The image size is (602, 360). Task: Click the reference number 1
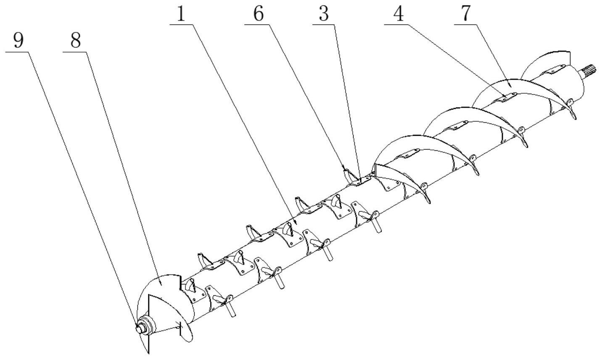181,15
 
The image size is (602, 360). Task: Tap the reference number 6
258,15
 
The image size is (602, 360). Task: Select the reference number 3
323,15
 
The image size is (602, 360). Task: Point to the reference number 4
398,15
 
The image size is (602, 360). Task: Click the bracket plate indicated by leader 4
504,97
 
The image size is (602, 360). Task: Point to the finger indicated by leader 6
346,173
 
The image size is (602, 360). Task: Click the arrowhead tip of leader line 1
297,222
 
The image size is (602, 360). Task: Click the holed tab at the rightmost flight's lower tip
570,102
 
